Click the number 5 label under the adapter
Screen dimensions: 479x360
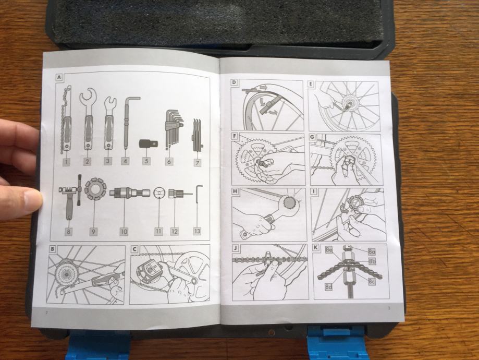(x=146, y=161)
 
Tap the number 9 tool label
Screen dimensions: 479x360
(x=93, y=232)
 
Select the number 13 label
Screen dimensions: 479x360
(x=197, y=231)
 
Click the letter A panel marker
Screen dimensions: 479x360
(x=59, y=77)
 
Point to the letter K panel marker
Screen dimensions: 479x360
(x=316, y=247)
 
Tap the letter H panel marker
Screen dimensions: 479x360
(x=235, y=191)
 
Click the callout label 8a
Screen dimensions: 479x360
(x=372, y=251)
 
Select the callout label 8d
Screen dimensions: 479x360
(x=329, y=287)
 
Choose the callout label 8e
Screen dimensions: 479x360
(x=329, y=250)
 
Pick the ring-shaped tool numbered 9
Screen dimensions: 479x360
(x=95, y=189)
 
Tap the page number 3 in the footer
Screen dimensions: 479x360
(x=389, y=308)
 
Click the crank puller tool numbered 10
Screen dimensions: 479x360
(x=130, y=193)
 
